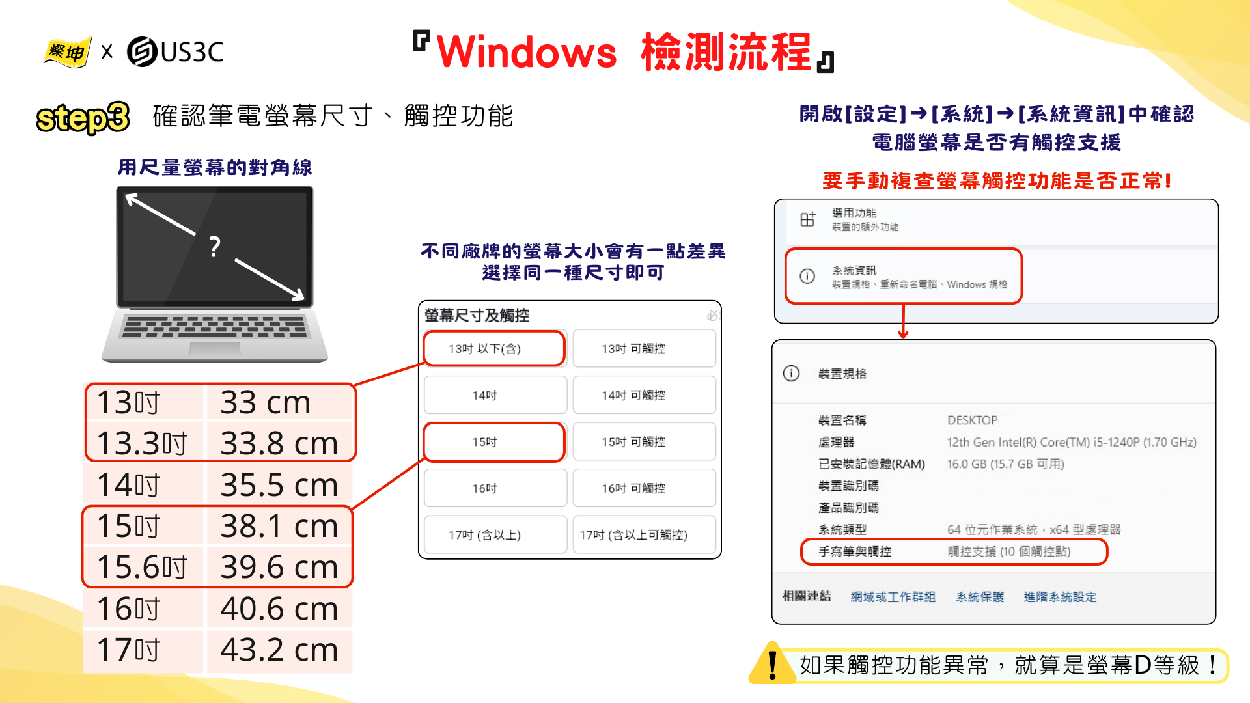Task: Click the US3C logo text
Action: click(192, 52)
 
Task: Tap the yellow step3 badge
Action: click(83, 118)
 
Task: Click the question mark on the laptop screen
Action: click(215, 247)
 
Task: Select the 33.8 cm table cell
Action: click(279, 443)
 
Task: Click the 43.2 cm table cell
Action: click(279, 650)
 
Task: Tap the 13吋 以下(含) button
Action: click(494, 349)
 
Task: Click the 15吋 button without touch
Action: click(494, 442)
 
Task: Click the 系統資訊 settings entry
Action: click(904, 277)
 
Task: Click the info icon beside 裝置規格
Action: click(791, 374)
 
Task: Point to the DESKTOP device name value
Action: click(972, 420)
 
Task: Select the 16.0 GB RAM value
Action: click(1005, 464)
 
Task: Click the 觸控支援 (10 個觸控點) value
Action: click(1008, 551)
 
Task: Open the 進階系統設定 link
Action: click(1060, 597)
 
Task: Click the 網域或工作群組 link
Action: click(893, 597)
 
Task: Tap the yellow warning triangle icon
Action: click(773, 663)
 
